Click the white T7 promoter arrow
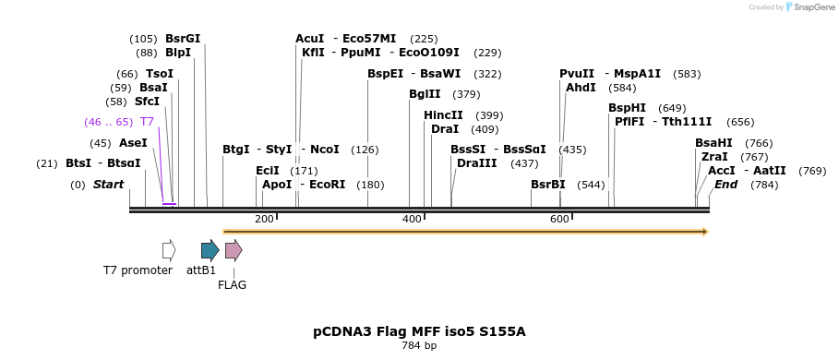[x=169, y=250]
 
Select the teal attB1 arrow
[x=210, y=250]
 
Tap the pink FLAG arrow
[x=234, y=250]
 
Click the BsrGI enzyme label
[x=183, y=39]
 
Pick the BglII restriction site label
[x=425, y=94]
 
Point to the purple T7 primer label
[x=147, y=122]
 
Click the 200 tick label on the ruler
[x=264, y=219]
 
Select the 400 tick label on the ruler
[x=412, y=219]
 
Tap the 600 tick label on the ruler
[x=559, y=219]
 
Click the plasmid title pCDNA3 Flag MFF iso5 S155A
[x=419, y=331]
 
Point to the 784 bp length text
[x=419, y=346]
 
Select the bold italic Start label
[x=108, y=185]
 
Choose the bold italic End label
[x=725, y=185]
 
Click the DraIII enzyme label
[x=477, y=163]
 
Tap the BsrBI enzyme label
[x=548, y=185]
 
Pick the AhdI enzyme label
[x=581, y=88]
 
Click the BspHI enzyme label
[x=627, y=108]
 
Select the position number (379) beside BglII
[x=466, y=94]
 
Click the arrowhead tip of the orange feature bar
[x=706, y=232]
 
